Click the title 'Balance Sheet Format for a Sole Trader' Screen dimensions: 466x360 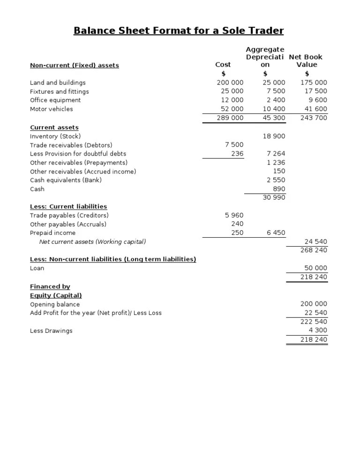click(179, 31)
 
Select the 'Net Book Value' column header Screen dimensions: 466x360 click(306, 61)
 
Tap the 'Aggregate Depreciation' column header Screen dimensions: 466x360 click(265, 57)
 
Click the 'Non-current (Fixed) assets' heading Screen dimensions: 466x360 click(74, 65)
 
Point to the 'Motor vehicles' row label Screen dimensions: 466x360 click(51, 109)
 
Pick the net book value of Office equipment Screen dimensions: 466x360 click(317, 100)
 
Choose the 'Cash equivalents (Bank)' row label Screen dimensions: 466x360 click(66, 180)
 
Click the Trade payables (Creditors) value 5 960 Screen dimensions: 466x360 click(234, 215)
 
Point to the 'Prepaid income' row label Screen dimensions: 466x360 click(52, 233)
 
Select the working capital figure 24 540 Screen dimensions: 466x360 click(315, 242)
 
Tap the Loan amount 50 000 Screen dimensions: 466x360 click(315, 268)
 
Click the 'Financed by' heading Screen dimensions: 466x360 click(50, 286)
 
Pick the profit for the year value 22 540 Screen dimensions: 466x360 click(315, 313)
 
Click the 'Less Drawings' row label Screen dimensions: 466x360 click(51, 331)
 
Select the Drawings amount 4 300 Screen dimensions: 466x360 click(317, 331)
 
